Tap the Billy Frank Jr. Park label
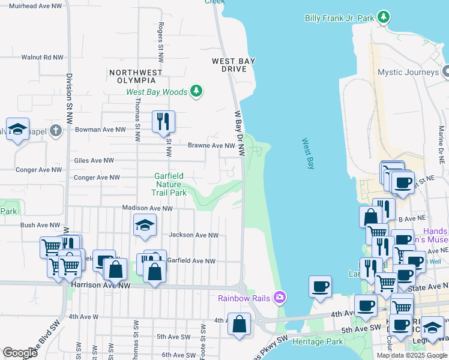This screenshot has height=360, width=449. click(x=339, y=19)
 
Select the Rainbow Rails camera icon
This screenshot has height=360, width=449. click(x=279, y=297)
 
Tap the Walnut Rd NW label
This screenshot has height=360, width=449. click(x=42, y=58)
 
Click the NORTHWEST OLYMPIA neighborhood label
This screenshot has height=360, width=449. click(x=136, y=76)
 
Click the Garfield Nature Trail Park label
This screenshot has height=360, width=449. click(x=170, y=184)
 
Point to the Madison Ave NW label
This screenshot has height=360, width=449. click(x=147, y=208)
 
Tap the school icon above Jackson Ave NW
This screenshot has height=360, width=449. click(x=145, y=226)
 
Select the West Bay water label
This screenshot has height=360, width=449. click(x=308, y=154)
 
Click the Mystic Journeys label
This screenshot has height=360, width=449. click(x=408, y=72)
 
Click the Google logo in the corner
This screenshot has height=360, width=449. click(x=20, y=353)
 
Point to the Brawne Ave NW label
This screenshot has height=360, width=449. click(x=211, y=145)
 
